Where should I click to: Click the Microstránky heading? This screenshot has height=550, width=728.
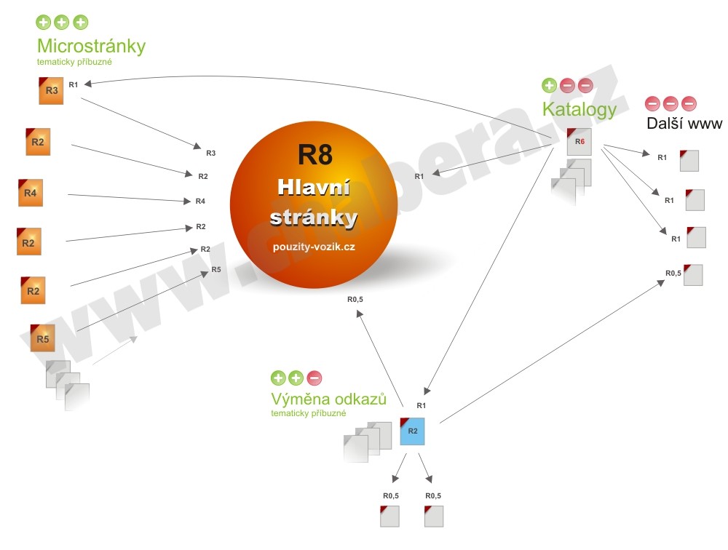coord(91,46)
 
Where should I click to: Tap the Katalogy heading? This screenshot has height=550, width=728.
coord(579,109)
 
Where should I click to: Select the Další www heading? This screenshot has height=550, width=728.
coord(684,123)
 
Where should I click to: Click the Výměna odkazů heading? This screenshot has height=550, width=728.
coord(328,399)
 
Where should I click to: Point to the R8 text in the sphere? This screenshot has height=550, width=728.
coord(314,155)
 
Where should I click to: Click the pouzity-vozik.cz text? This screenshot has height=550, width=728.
coord(314,247)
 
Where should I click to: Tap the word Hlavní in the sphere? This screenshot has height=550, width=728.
coord(314,188)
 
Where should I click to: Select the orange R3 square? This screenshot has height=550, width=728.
coord(51,90)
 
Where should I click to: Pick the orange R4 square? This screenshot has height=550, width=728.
coord(31,193)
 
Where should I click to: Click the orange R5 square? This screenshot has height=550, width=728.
coord(43,338)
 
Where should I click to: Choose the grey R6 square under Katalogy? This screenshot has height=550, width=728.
coord(579,141)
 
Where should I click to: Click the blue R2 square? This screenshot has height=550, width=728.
coord(412,431)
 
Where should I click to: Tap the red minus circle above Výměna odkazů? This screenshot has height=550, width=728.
coord(314,378)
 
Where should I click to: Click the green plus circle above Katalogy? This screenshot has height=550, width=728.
coord(549,86)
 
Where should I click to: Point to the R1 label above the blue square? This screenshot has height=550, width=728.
coord(421,405)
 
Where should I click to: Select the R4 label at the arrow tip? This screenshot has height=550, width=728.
coord(200,201)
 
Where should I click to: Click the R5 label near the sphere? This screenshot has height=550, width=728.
coord(216,269)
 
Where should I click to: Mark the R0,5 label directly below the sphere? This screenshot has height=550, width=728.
coord(355,299)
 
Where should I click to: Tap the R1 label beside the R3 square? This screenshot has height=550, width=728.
coord(73,84)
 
